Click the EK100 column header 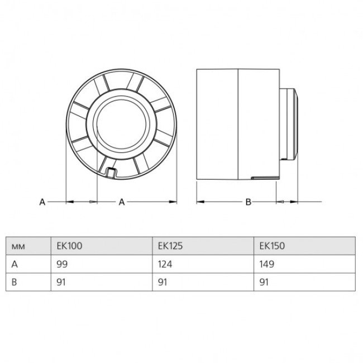click(x=69, y=246)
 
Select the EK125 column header click(x=170, y=246)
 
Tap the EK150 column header click(x=272, y=246)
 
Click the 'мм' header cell click(x=18, y=246)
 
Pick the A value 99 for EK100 click(x=62, y=264)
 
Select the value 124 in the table click(x=165, y=264)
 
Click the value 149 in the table click(x=267, y=264)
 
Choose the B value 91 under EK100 click(x=61, y=282)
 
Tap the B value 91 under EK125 click(x=163, y=282)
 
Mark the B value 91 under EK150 click(x=264, y=282)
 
